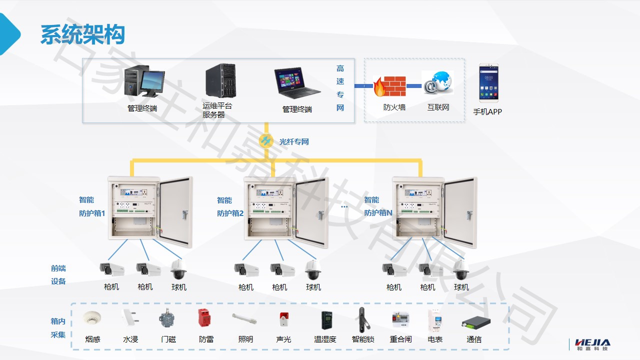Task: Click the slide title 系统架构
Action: click(82, 35)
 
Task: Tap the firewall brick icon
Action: click(389, 86)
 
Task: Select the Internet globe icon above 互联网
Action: click(437, 83)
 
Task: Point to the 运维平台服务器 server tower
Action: click(220, 81)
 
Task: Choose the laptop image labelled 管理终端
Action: click(296, 83)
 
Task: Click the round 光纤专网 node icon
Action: click(266, 141)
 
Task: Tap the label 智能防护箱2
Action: click(230, 206)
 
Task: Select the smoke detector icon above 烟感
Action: click(92, 318)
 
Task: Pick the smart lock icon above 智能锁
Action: click(362, 319)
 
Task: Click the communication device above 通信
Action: click(475, 321)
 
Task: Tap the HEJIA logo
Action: click(592, 344)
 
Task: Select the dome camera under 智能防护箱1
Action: click(178, 270)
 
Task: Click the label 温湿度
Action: click(325, 339)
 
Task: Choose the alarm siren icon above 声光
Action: click(283, 319)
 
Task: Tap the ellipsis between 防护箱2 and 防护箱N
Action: click(344, 206)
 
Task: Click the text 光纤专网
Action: click(294, 142)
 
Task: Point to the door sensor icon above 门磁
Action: click(167, 319)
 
